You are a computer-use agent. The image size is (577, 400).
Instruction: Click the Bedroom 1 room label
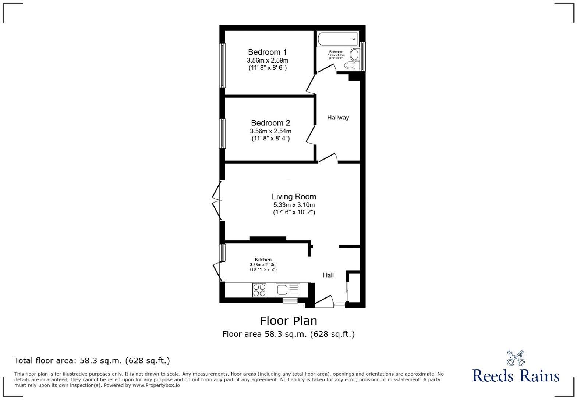pyautogui.click(x=267, y=52)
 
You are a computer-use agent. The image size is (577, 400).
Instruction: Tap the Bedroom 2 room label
pyautogui.click(x=270, y=123)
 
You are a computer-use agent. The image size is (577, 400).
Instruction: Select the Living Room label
pyautogui.click(x=294, y=197)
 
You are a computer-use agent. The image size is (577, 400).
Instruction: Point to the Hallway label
pyautogui.click(x=338, y=118)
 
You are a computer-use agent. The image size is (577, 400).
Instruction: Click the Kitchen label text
pyautogui.click(x=263, y=260)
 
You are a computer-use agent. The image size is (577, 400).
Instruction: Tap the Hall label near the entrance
pyautogui.click(x=328, y=275)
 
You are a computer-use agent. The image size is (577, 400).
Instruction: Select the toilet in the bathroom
pyautogui.click(x=352, y=65)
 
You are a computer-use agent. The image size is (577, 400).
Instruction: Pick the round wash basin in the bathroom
pyautogui.click(x=354, y=54)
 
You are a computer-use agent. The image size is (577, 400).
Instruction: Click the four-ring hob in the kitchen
pyautogui.click(x=259, y=290)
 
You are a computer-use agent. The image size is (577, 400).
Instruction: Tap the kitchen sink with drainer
pyautogui.click(x=288, y=290)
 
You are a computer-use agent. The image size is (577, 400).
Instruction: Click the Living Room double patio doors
pyautogui.click(x=216, y=201)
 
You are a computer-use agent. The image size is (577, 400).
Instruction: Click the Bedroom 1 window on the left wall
pyautogui.click(x=222, y=65)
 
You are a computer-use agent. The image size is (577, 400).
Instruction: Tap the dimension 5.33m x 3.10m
pyautogui.click(x=294, y=205)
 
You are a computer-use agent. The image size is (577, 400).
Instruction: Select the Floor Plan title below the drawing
pyautogui.click(x=288, y=321)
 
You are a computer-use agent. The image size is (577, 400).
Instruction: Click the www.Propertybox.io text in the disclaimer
pyautogui.click(x=156, y=385)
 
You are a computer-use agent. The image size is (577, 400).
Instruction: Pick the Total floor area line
pyautogui.click(x=92, y=361)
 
